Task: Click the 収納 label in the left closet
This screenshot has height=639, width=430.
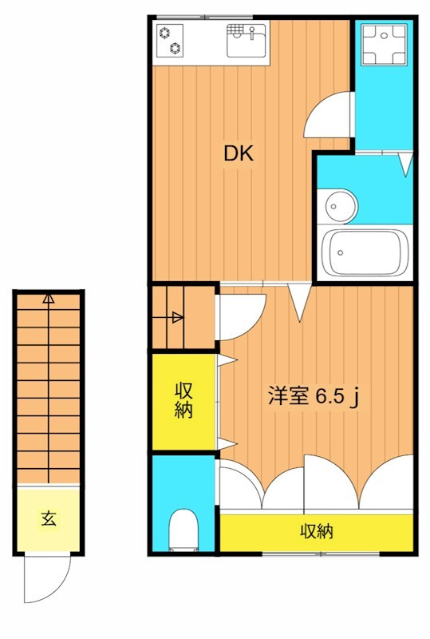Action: tap(184, 402)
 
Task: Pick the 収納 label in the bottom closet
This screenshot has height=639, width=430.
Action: tap(316, 531)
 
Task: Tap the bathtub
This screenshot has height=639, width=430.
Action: tap(363, 252)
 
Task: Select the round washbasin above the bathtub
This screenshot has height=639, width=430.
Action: tap(338, 207)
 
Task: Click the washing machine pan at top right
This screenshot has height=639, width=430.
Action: tap(381, 44)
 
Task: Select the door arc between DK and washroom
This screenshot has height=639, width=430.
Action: tap(329, 117)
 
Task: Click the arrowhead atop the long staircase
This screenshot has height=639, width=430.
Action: tap(49, 300)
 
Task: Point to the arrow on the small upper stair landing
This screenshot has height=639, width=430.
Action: tap(177, 318)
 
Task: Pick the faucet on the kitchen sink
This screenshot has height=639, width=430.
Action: tap(252, 32)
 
